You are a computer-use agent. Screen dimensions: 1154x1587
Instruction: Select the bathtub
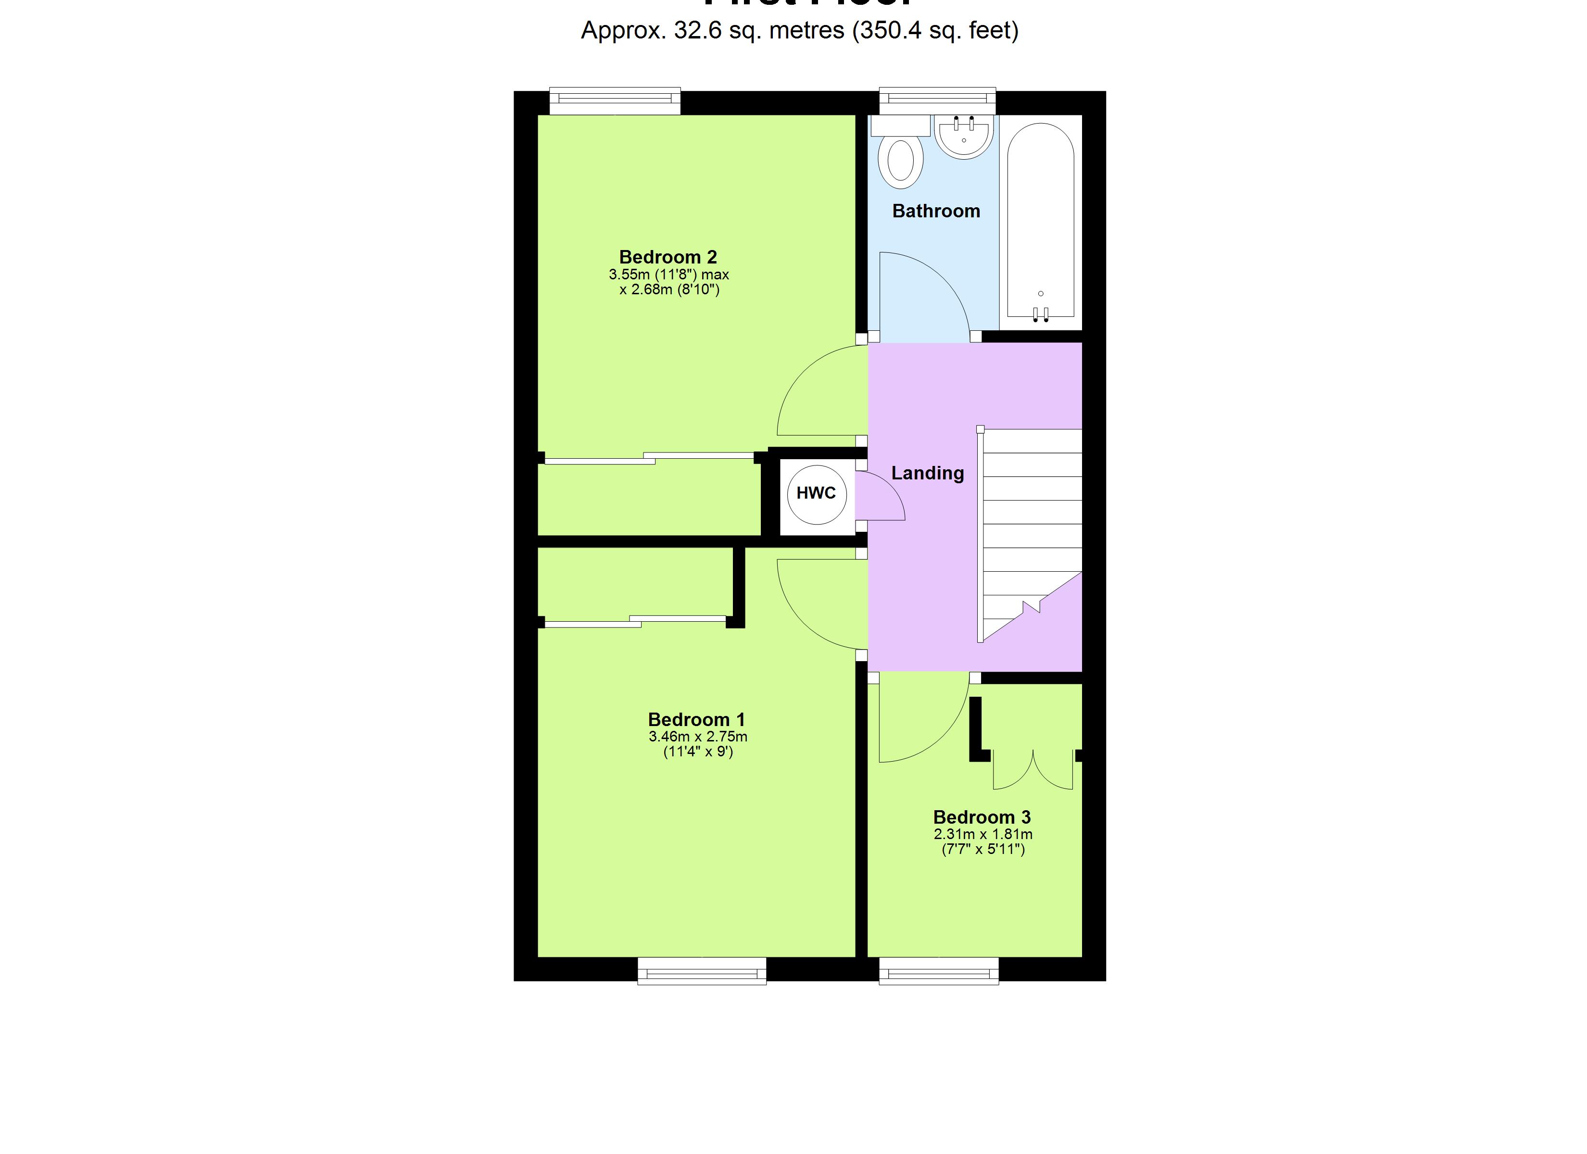pos(1041,220)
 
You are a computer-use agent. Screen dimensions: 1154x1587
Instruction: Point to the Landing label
pos(927,473)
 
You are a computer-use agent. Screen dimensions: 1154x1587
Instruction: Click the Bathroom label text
pos(935,211)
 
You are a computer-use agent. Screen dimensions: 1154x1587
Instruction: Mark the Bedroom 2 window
pos(615,101)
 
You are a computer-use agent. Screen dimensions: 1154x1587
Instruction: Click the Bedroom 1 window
pos(702,971)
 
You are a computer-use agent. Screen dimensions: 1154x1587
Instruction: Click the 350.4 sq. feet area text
pos(935,30)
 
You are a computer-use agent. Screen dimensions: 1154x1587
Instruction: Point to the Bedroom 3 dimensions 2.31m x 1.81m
pos(982,834)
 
